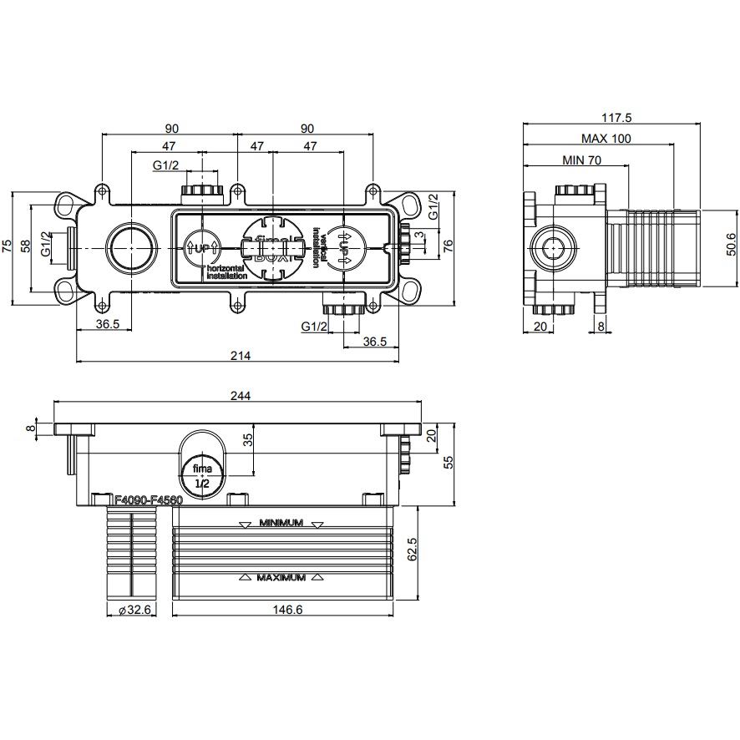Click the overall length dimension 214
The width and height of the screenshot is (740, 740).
click(241, 356)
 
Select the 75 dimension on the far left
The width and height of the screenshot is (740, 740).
click(8, 246)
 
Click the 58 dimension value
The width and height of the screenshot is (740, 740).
click(26, 247)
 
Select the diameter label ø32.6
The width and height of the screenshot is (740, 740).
click(134, 611)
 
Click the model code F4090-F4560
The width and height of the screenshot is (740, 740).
click(148, 499)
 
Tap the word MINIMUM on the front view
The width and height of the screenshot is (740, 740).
click(280, 524)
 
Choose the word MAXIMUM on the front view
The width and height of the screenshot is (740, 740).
click(280, 577)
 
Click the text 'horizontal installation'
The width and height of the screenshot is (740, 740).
click(225, 271)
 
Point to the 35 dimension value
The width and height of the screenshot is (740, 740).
click(247, 440)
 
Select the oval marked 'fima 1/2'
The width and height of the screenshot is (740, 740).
click(200, 466)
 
